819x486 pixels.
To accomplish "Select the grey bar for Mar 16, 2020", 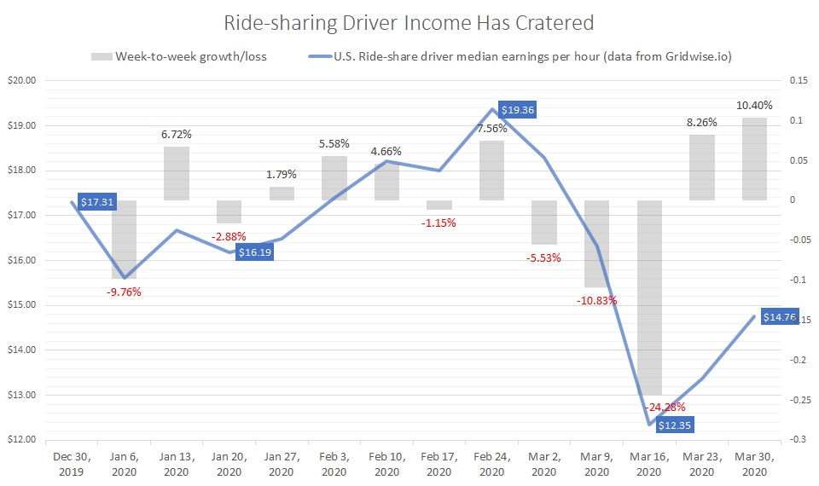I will click(x=649, y=298).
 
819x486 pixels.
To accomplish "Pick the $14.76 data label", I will click(x=780, y=317).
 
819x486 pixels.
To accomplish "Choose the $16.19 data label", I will click(x=253, y=253).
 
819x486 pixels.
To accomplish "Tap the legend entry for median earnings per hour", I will click(x=520, y=56).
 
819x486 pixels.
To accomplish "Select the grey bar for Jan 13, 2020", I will click(x=177, y=173).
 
